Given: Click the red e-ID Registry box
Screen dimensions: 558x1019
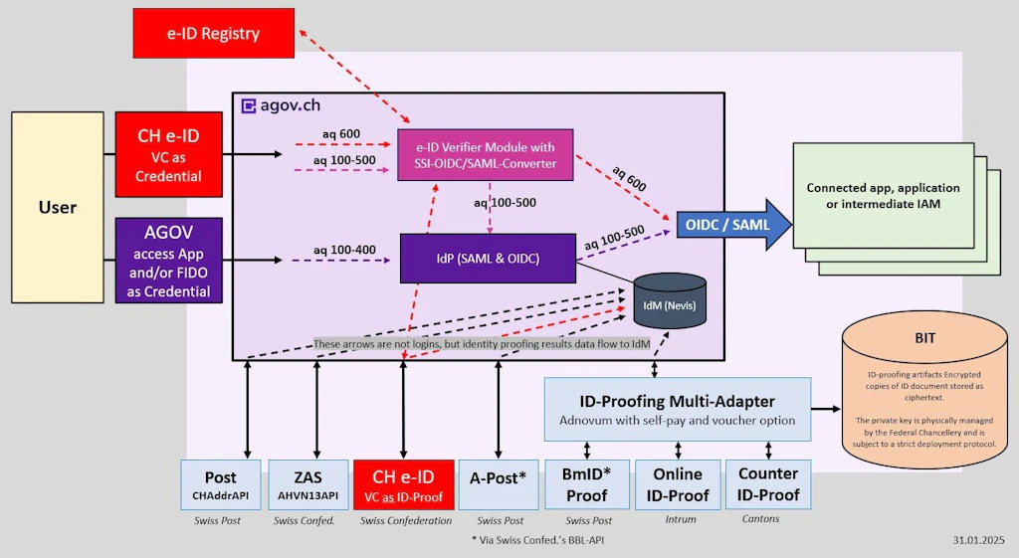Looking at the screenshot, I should click(214, 33).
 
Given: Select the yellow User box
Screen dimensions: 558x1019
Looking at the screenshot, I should click(57, 207).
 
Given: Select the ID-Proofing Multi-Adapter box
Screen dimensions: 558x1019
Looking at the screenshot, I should click(677, 409).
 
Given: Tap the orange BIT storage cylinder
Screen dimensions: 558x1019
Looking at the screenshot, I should click(924, 394).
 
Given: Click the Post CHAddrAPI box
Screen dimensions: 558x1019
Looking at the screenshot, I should click(221, 484).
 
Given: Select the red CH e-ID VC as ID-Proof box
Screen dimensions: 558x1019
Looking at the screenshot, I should click(404, 484).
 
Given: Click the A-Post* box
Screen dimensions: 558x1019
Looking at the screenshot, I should click(499, 484).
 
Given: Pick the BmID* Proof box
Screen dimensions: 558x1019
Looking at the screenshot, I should click(586, 484).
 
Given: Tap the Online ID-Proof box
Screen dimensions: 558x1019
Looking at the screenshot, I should click(678, 484).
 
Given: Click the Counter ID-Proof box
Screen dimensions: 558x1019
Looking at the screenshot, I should click(767, 484).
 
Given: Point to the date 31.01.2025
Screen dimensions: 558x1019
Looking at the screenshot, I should click(979, 540).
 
